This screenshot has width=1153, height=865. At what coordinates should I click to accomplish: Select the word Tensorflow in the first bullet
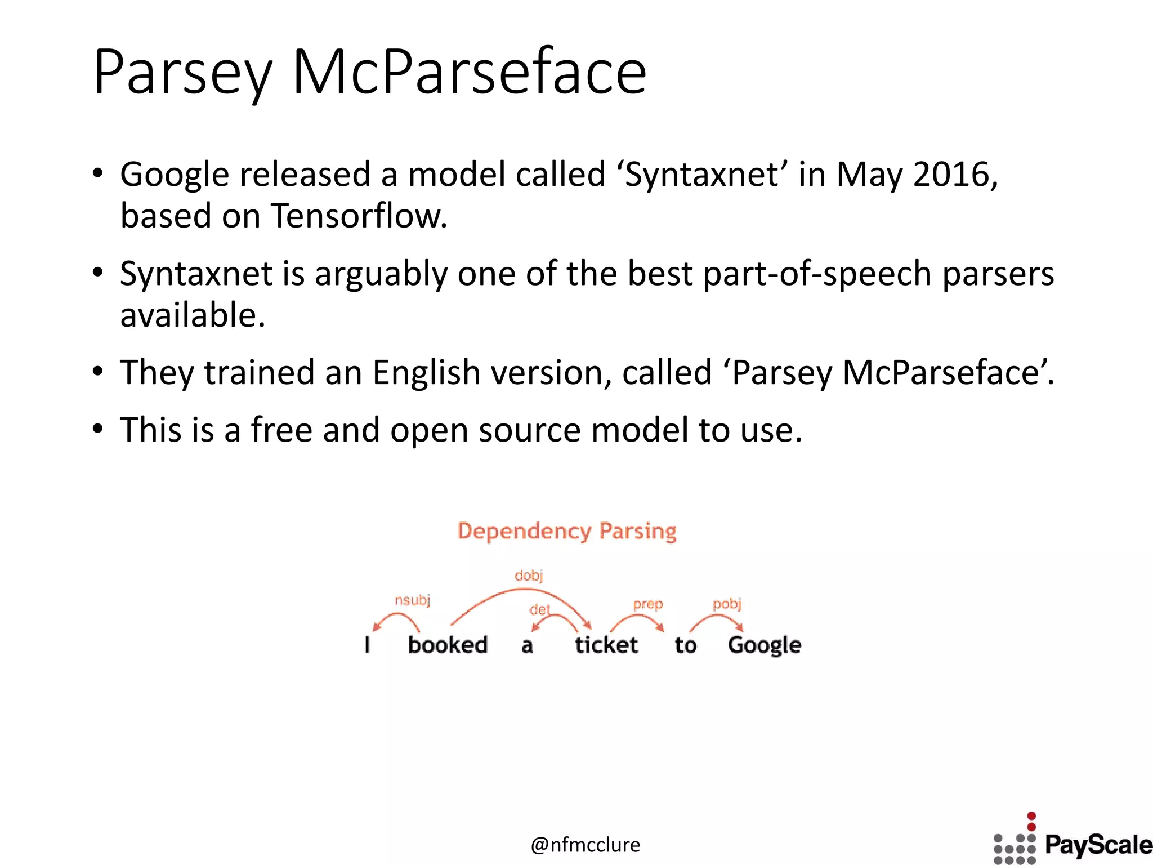[x=359, y=216]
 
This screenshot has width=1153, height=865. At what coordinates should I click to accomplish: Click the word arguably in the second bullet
[x=381, y=274]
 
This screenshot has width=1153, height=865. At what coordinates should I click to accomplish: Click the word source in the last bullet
[x=529, y=430]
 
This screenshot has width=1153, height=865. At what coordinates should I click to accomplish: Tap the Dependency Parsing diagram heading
[x=567, y=531]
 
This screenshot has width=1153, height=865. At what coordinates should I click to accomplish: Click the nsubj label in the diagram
[x=412, y=600]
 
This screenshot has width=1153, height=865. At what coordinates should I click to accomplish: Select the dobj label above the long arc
[x=529, y=576]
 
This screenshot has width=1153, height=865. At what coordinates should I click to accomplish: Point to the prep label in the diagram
[x=647, y=604]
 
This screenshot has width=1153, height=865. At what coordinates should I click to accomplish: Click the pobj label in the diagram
[x=727, y=604]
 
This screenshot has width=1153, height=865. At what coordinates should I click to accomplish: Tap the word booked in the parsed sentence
[x=448, y=645]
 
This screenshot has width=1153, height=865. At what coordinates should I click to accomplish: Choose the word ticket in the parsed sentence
[x=606, y=645]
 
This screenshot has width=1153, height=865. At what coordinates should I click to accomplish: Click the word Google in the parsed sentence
[x=764, y=645]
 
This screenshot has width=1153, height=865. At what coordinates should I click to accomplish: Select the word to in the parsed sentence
[x=686, y=645]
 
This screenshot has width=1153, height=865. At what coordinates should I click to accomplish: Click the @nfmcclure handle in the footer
[x=586, y=845]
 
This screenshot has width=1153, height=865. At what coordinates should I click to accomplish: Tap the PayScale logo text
[x=1098, y=845]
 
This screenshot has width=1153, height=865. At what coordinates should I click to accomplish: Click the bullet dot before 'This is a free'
[x=98, y=429]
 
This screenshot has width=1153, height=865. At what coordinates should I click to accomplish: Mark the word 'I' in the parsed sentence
[x=368, y=644]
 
